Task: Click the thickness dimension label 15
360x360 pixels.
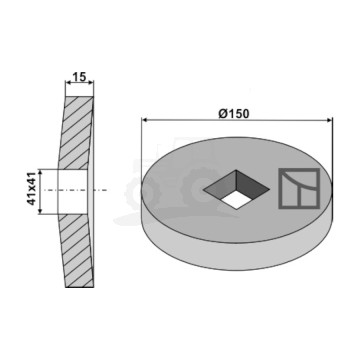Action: tap(79, 77)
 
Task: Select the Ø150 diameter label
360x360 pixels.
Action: tap(234, 114)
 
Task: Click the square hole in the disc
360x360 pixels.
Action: tap(236, 190)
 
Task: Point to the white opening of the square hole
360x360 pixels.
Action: tap(236, 200)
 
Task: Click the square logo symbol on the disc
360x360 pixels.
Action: tap(299, 188)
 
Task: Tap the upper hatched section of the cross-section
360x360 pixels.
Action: tap(76, 133)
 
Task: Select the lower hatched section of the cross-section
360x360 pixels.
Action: tap(76, 251)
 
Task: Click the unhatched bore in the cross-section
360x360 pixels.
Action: tap(73, 192)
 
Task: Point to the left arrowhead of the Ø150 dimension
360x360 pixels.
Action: tap(145, 120)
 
